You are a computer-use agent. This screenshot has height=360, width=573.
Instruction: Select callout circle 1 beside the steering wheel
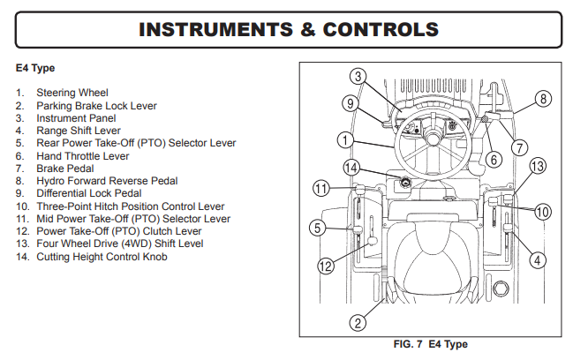(x=346, y=139)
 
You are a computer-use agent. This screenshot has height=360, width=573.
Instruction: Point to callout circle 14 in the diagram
(x=351, y=167)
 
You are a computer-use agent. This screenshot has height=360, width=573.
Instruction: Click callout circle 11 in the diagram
(x=322, y=187)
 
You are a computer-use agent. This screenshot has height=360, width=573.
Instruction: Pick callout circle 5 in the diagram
(x=320, y=229)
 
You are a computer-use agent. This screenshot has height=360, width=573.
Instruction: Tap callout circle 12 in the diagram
(x=326, y=264)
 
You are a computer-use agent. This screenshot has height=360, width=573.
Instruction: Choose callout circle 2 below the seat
(x=358, y=322)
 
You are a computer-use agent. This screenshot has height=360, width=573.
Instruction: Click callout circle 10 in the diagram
(x=542, y=212)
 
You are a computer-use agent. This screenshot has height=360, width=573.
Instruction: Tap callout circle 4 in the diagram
(x=538, y=259)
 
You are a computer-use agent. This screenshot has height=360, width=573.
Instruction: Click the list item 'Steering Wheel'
(x=72, y=93)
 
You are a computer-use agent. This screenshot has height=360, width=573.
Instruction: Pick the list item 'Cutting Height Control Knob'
(x=102, y=257)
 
